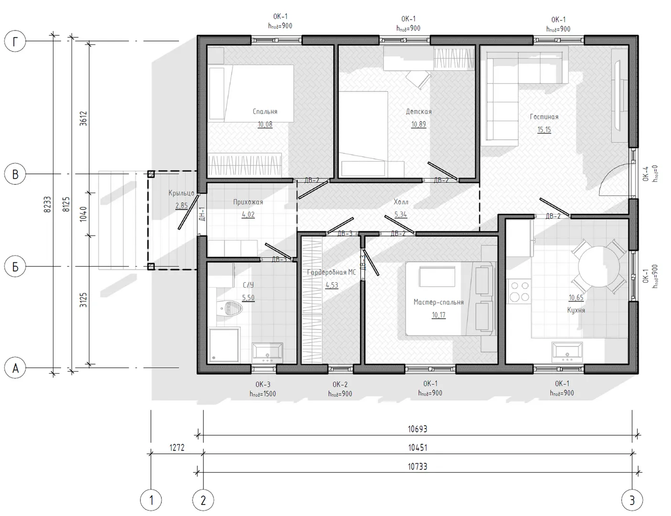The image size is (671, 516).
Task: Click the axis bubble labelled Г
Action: point(15,42)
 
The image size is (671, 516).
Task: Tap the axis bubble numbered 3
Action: point(632,500)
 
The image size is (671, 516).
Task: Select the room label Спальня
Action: point(265,111)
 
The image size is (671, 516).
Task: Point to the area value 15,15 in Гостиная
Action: point(544,129)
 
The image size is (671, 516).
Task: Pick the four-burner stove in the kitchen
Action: point(519,291)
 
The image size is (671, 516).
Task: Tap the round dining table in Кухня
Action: point(599,267)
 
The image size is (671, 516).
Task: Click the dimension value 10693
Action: point(417,429)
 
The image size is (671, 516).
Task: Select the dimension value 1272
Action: point(177,448)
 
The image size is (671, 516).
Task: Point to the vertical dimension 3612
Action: point(84,118)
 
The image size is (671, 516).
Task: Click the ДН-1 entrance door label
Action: point(202,214)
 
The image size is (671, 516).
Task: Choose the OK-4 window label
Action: point(645,174)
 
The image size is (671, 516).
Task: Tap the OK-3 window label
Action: point(263,385)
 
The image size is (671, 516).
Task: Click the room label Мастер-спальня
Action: point(438,302)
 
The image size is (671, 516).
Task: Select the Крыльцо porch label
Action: point(181,193)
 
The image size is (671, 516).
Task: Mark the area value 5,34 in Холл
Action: point(401,215)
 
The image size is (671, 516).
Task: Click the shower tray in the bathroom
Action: point(224,345)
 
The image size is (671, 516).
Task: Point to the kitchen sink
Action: point(567,352)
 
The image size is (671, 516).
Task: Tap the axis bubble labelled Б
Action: point(15,267)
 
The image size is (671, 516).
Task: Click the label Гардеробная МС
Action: point(331,272)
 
